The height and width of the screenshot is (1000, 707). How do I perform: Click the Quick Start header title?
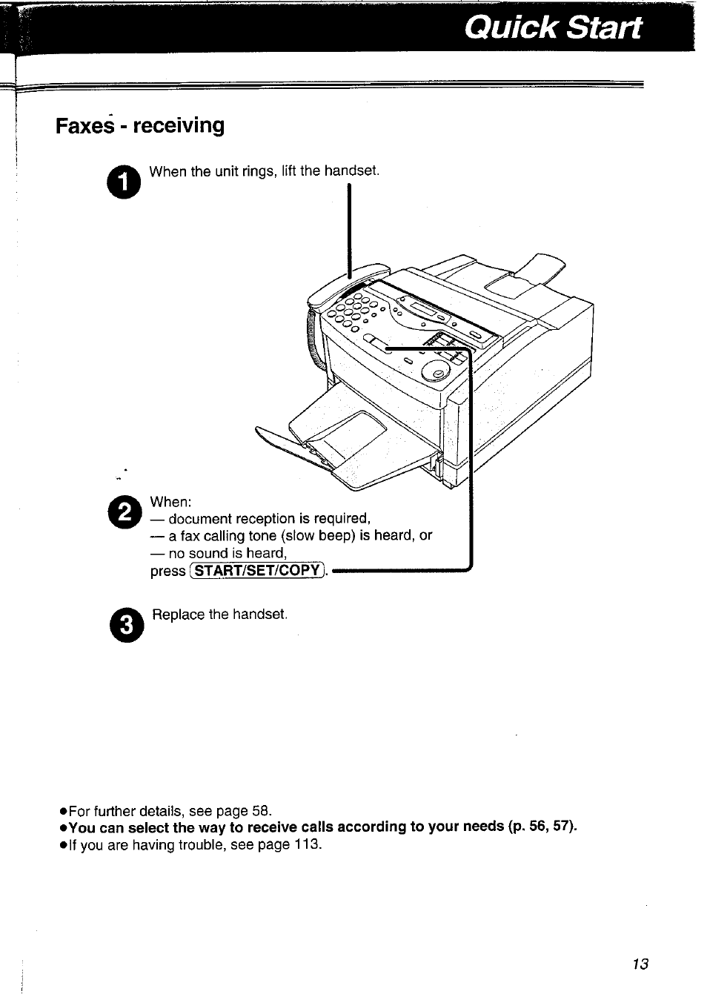click(x=553, y=27)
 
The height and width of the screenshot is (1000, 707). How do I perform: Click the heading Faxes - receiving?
click(x=140, y=125)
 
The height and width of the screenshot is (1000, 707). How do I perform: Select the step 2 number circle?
click(x=125, y=511)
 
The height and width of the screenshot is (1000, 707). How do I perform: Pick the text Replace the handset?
click(x=219, y=615)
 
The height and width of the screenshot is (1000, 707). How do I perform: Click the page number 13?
click(x=640, y=964)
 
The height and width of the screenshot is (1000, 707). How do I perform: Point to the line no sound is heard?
click(x=218, y=553)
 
